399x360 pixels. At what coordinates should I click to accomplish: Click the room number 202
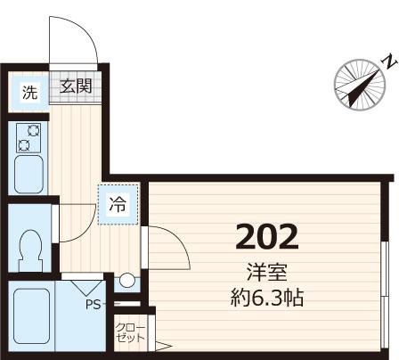point(265,237)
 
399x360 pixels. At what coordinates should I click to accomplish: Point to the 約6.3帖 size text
point(265,298)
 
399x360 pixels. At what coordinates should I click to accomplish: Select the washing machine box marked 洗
point(28,92)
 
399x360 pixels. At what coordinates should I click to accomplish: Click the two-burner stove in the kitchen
point(29,136)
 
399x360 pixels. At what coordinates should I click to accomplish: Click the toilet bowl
point(30,244)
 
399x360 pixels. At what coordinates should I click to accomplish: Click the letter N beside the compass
point(388,60)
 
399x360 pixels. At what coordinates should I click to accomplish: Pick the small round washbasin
point(127,281)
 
